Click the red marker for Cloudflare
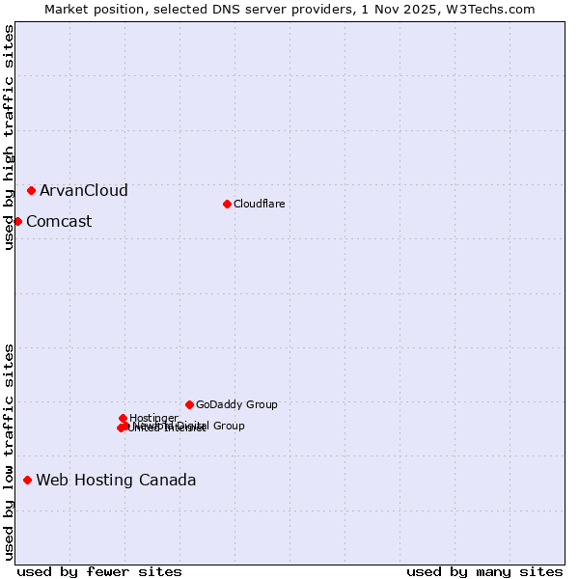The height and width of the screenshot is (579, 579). point(227,204)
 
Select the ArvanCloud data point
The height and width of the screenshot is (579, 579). point(31,190)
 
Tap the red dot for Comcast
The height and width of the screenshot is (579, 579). point(17,221)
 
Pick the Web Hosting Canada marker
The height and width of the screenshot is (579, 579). point(27,480)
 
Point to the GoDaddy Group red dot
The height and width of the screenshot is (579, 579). point(189,404)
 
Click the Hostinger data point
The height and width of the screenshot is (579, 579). point(123,418)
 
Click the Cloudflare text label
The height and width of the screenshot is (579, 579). point(259,204)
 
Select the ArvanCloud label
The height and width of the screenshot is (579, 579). point(83,190)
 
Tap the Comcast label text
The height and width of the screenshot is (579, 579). point(59,221)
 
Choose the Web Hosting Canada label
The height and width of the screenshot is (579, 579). point(116,480)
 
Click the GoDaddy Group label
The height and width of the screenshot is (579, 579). point(236,404)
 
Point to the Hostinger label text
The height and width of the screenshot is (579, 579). point(153,418)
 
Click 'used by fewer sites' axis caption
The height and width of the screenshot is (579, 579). point(99,571)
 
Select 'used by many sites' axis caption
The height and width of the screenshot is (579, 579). point(484,571)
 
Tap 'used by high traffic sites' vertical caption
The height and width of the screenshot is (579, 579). point(9,137)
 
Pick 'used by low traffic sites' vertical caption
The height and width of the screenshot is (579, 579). point(9,451)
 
